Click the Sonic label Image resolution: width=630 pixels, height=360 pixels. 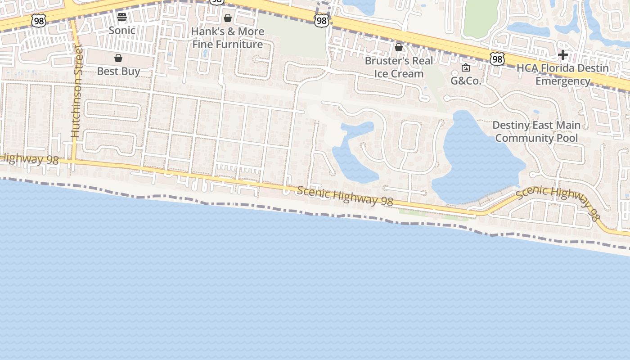[122, 31]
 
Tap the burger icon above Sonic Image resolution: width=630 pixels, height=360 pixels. [122, 18]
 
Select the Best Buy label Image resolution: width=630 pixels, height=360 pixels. [119, 71]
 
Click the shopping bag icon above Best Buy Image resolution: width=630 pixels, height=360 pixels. [118, 58]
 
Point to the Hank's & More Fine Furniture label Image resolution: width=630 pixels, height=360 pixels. [228, 38]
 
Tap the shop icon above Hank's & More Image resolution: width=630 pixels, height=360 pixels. [228, 18]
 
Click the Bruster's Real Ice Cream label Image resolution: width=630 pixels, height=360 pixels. [399, 67]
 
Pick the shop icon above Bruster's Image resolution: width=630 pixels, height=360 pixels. [399, 47]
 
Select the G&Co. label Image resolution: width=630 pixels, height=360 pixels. [466, 81]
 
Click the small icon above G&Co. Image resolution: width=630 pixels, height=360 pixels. [466, 68]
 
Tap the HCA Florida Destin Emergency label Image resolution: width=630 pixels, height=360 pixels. [562, 75]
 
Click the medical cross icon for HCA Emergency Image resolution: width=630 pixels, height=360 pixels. [562, 55]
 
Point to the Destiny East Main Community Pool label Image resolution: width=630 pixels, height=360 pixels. [536, 131]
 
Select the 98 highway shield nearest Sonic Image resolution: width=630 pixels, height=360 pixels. [39, 20]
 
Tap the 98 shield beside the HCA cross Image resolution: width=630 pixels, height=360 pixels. [497, 58]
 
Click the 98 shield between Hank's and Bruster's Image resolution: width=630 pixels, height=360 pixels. [321, 20]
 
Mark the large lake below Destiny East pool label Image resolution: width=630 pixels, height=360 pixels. [477, 162]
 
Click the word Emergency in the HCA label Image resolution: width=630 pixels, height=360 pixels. [563, 81]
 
